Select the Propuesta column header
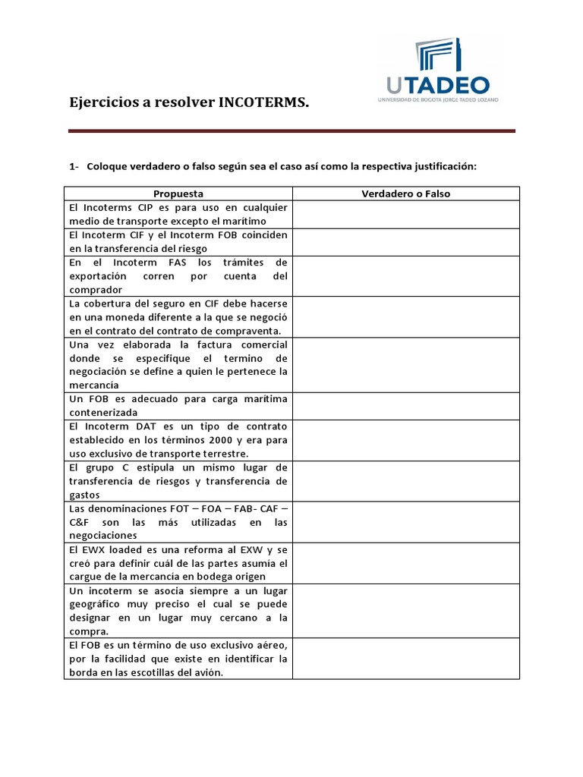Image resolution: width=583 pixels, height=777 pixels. tap(178, 193)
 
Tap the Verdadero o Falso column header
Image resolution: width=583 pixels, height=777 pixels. tap(405, 193)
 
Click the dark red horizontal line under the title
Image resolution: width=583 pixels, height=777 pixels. tap(291, 131)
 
